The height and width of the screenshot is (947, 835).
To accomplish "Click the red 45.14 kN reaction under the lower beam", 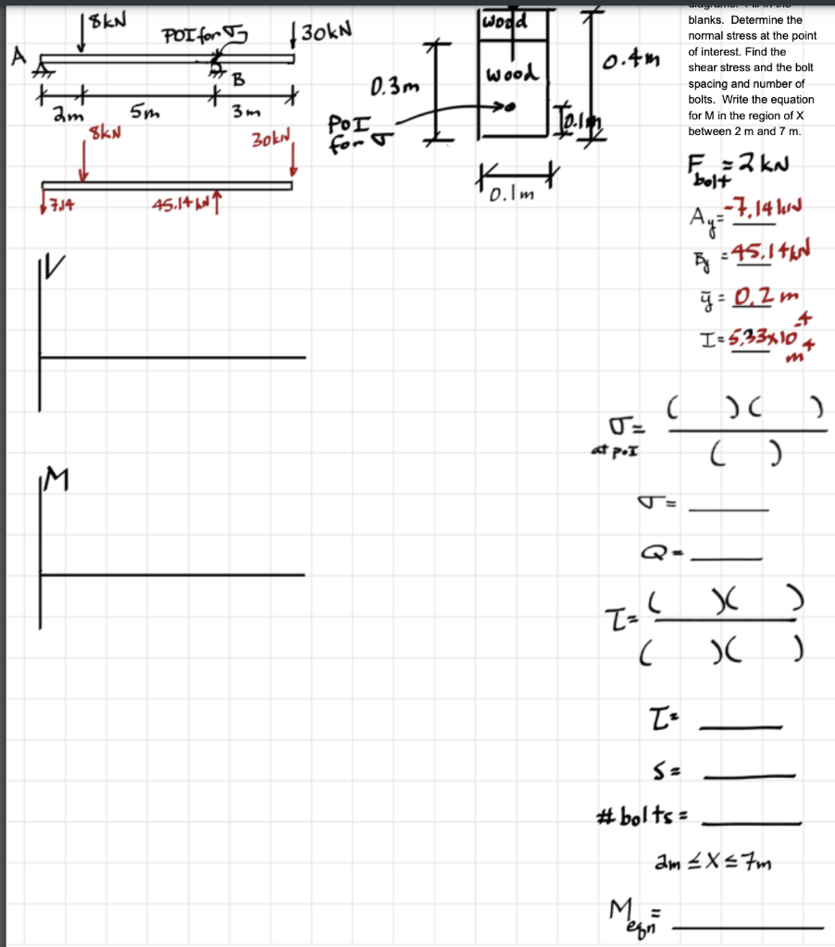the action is (186, 203).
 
